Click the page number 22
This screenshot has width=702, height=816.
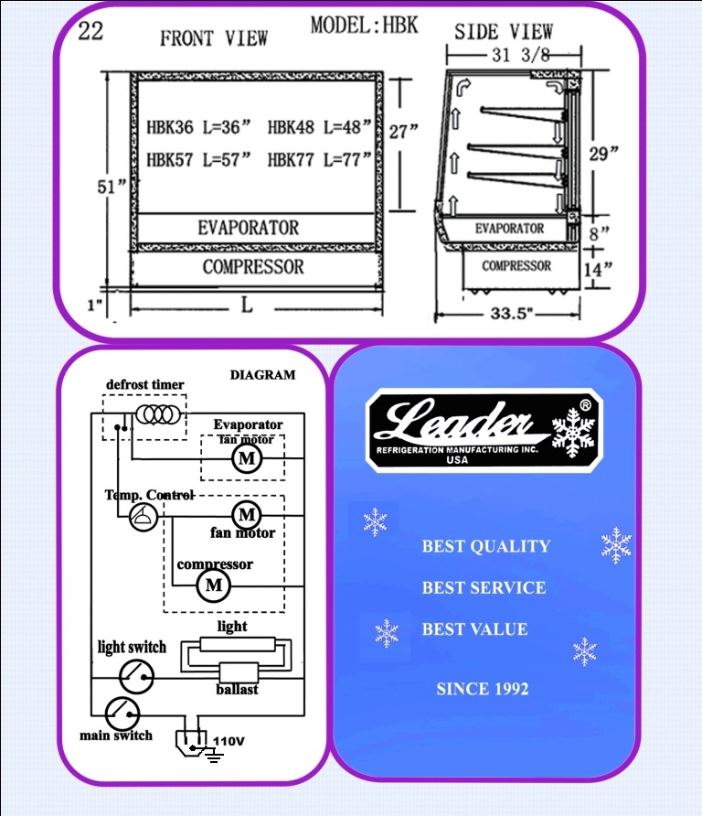tap(90, 31)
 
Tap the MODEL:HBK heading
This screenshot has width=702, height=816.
tap(364, 25)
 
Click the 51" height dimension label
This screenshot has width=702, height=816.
tap(112, 187)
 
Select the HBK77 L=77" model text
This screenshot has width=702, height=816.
tap(319, 159)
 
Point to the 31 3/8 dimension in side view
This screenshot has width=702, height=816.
tap(520, 55)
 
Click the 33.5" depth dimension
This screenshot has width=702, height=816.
tap(512, 313)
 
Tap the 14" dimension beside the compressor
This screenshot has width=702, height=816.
tap(598, 269)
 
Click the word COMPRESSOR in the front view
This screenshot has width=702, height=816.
tap(252, 267)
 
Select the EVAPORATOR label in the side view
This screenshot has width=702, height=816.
tap(509, 229)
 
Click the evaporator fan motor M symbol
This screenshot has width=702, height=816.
tap(247, 458)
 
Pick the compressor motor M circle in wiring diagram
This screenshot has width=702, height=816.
tap(214, 585)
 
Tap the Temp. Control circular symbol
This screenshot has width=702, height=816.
tap(143, 517)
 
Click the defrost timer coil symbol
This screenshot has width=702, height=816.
tap(158, 414)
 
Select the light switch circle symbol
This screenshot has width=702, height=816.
tap(136, 677)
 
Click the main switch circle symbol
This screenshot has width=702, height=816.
tap(122, 714)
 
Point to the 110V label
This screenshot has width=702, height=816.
tap(229, 741)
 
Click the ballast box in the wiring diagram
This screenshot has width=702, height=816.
tap(239, 673)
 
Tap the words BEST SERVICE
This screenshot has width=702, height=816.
tap(484, 587)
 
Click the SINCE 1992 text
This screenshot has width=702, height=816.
tap(482, 689)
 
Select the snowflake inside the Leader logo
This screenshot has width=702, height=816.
tap(573, 433)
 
